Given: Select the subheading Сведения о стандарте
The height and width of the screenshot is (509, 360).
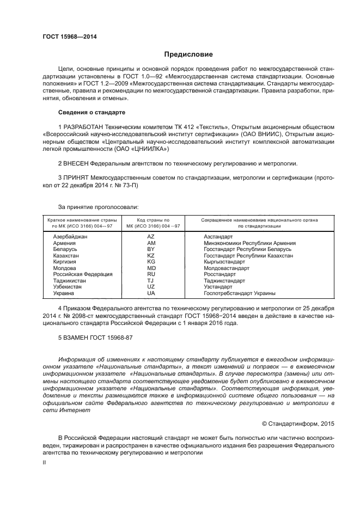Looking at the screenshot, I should coord(91,112).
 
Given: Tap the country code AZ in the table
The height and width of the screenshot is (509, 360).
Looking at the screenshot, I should coord(151,237).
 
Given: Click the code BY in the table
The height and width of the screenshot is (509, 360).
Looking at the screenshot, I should coord(151,249).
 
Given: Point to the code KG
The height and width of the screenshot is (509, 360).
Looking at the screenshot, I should coord(151,262).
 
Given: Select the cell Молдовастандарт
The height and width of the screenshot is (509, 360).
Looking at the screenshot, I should coord(227,268).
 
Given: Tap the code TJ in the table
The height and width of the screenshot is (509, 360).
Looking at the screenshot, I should coord(151,281).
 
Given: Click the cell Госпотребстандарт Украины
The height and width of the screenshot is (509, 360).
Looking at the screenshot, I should coord(239,293).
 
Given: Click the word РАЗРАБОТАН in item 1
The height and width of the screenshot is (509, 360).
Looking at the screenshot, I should coord(83,127).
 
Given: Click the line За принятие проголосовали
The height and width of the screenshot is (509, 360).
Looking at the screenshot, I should coord(98,207).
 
